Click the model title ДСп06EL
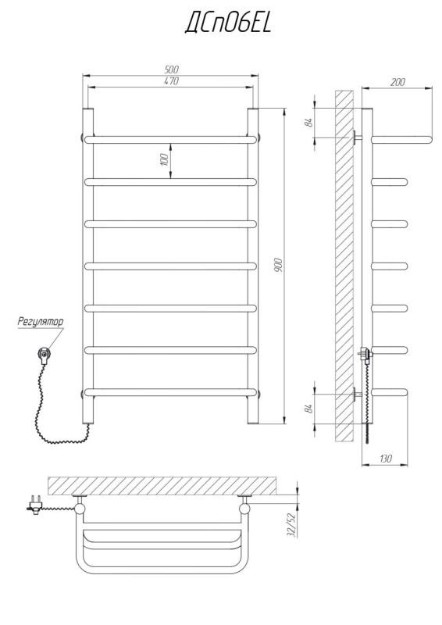pos(228,23)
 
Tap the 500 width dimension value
pos(172,70)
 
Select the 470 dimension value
pos(172,81)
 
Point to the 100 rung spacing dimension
pos(164,160)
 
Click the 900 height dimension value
pos(279,265)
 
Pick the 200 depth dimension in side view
pos(397,82)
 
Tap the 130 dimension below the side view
pos(386,459)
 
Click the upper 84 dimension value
pos(308,123)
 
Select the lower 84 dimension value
pos(308,409)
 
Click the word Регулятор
pos(41,322)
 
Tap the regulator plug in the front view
pos(45,355)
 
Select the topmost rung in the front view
pos(170,140)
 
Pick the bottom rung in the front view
pos(170,393)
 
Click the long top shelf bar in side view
pos(401,140)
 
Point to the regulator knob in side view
pos(365,354)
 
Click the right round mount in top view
pos(244,508)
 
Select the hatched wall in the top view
pos(162,485)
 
